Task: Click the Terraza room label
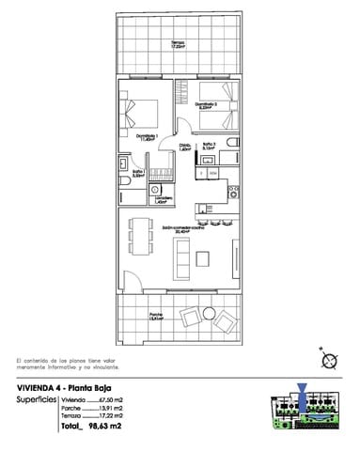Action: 178,44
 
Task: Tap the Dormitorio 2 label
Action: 209,105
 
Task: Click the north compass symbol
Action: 329,360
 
